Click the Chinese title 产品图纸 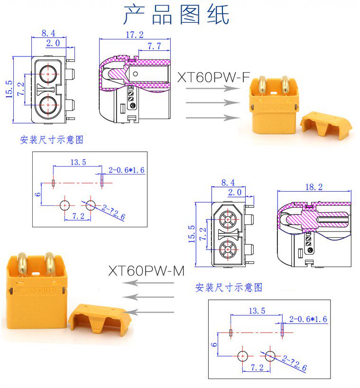pyautogui.click(x=176, y=15)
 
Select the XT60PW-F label pyautogui.click(x=213, y=78)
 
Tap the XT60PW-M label pyautogui.click(x=146, y=271)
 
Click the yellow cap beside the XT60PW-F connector pyautogui.click(x=327, y=125)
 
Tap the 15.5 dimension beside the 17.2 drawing pyautogui.click(x=9, y=89)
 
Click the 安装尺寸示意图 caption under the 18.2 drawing pyautogui.click(x=228, y=287)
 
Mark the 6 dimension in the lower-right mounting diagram pyautogui.click(x=214, y=344)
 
